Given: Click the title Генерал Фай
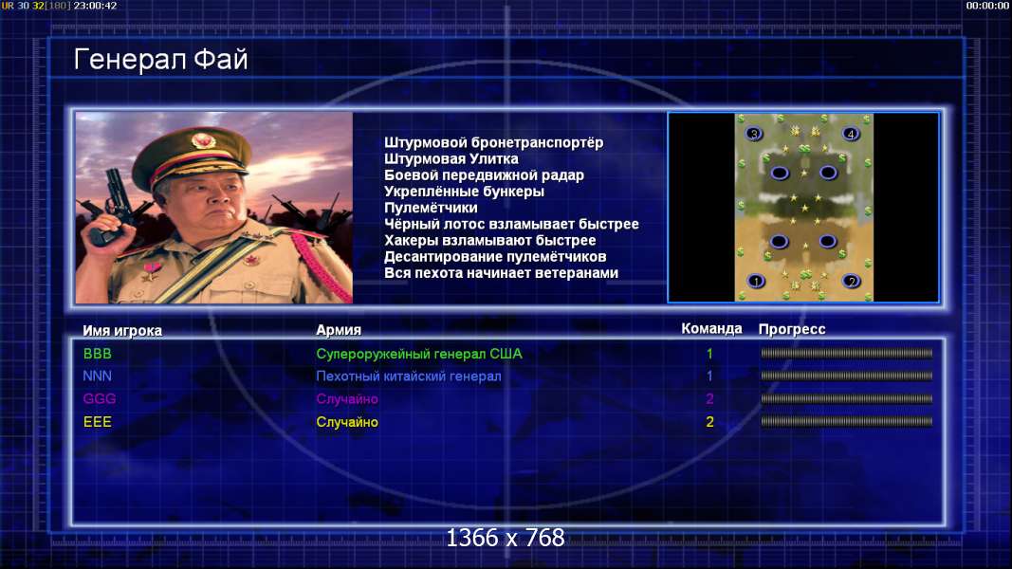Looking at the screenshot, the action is (x=160, y=60).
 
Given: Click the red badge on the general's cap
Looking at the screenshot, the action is (x=203, y=140).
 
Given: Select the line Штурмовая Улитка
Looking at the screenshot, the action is (x=451, y=158).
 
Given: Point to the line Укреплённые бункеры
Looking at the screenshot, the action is (x=464, y=192).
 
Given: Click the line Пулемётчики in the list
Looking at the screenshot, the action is (x=431, y=208).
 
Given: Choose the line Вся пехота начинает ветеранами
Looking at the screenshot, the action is (x=501, y=273).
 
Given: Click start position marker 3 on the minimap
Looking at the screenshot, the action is (x=753, y=134).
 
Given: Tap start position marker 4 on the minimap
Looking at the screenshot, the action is (x=851, y=134).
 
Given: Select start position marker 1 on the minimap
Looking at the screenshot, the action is (x=756, y=282).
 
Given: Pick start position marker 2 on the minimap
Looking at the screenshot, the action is (x=852, y=282).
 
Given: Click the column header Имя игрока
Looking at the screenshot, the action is (x=122, y=330).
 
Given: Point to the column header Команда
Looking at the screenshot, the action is (x=711, y=329).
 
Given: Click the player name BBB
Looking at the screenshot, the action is (x=98, y=354).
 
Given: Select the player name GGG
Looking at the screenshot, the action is (x=100, y=398).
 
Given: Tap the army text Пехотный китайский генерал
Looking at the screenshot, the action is (x=409, y=376).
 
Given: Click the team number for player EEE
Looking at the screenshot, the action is (x=709, y=422).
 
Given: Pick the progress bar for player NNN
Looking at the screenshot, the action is (x=846, y=376).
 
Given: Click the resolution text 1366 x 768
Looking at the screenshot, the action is (x=506, y=538).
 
